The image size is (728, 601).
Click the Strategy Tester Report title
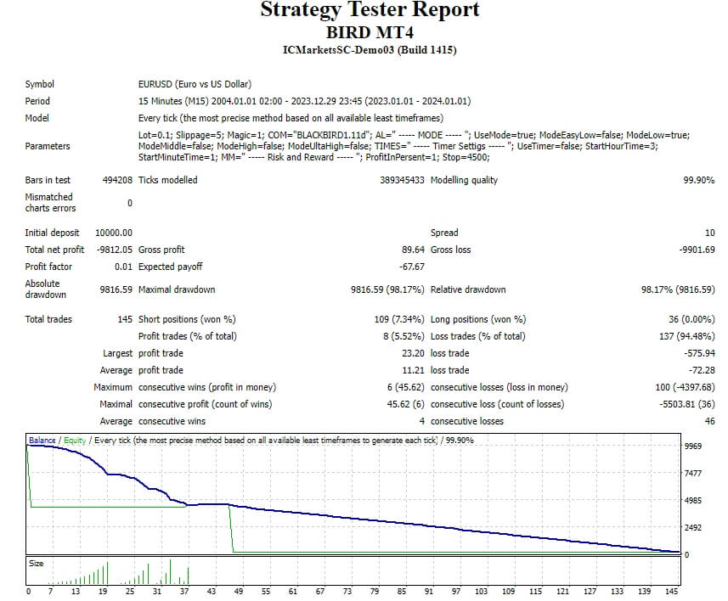point(370,11)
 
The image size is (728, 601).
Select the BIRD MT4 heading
point(370,33)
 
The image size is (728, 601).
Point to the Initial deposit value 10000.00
point(115,233)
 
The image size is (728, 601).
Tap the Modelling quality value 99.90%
point(698,180)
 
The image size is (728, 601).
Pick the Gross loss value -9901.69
point(697,250)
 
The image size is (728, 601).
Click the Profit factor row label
point(48,267)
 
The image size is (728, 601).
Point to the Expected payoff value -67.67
point(412,267)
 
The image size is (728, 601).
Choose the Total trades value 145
point(124,319)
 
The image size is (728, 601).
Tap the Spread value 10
point(709,233)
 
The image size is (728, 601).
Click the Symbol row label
point(40,84)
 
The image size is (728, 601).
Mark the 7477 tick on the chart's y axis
point(693,473)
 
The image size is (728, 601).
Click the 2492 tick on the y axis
point(693,528)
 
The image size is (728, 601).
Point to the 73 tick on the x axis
point(347,591)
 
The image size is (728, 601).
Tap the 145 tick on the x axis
point(672,591)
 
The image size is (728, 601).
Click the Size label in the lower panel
point(37,564)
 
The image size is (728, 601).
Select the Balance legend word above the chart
point(42,441)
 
